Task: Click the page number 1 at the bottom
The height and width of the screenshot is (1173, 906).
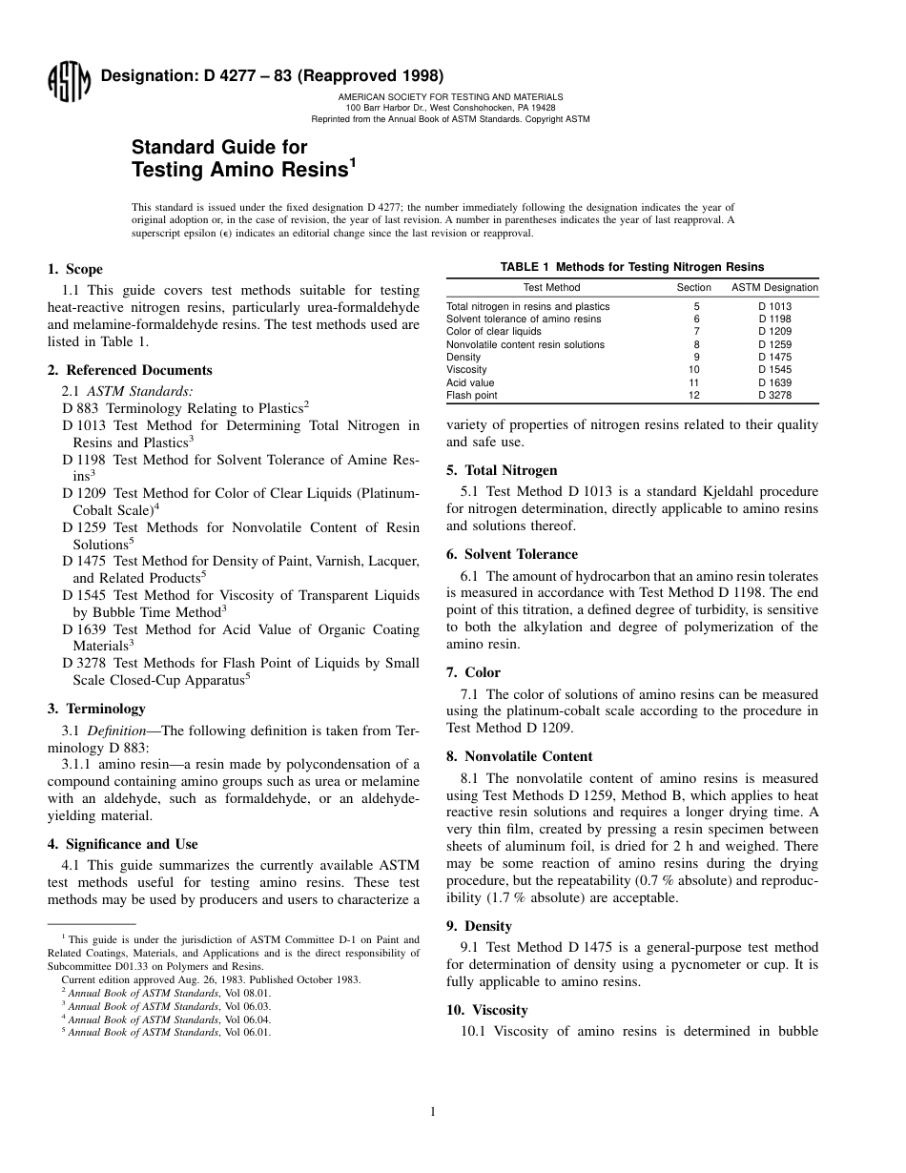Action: pyautogui.click(x=432, y=1110)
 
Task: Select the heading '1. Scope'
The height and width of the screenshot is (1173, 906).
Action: pyautogui.click(x=75, y=269)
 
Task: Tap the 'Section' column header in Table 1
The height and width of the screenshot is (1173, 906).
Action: pyautogui.click(x=693, y=287)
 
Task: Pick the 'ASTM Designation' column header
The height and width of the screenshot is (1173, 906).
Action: pyautogui.click(x=774, y=287)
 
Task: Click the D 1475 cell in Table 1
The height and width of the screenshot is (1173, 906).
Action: pyautogui.click(x=774, y=357)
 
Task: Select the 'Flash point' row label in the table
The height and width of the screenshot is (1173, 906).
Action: pyautogui.click(x=471, y=395)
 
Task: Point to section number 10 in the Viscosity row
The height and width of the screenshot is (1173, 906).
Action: pyautogui.click(x=693, y=369)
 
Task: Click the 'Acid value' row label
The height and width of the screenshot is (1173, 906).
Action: pyautogui.click(x=470, y=382)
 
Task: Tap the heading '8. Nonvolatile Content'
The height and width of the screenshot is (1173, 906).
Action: pyautogui.click(x=519, y=756)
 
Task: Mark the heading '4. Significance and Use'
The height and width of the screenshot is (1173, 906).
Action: pyautogui.click(x=123, y=844)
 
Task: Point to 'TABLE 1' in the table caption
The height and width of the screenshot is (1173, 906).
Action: pyautogui.click(x=526, y=267)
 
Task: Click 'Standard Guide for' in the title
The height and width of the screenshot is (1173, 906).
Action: pyautogui.click(x=219, y=147)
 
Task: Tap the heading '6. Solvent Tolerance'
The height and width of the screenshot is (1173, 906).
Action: pyautogui.click(x=511, y=554)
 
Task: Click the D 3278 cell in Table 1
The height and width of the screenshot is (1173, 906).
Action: pyautogui.click(x=774, y=395)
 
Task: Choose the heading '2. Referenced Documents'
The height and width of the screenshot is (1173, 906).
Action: pyautogui.click(x=130, y=370)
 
